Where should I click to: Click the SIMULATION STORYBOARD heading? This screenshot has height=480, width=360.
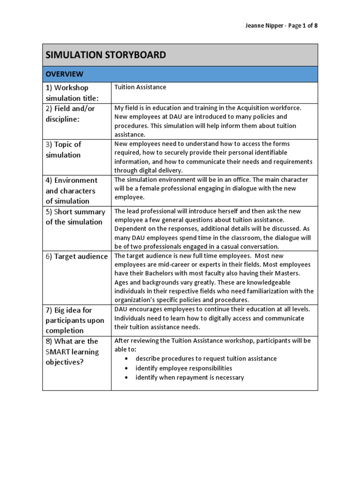pyautogui.click(x=106, y=55)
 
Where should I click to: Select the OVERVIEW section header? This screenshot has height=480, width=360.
pyautogui.click(x=64, y=74)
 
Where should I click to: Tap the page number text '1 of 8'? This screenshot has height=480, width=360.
pyautogui.click(x=310, y=26)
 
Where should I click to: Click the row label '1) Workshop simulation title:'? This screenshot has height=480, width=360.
pyautogui.click(x=72, y=93)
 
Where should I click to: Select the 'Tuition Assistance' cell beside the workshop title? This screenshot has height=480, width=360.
pyautogui.click(x=140, y=87)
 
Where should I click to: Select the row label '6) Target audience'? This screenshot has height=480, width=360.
pyautogui.click(x=76, y=256)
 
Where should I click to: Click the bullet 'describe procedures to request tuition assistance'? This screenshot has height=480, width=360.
pyautogui.click(x=206, y=359)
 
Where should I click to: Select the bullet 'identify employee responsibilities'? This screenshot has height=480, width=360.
pyautogui.click(x=184, y=368)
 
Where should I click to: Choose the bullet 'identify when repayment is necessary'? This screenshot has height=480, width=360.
pyautogui.click(x=189, y=377)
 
